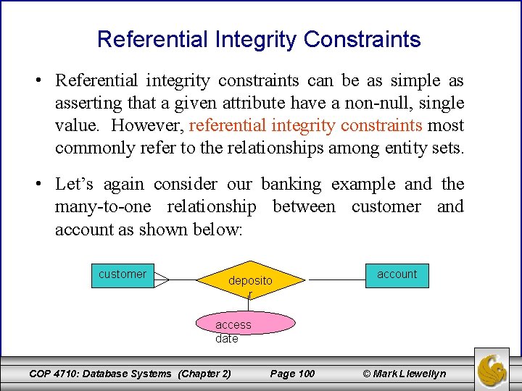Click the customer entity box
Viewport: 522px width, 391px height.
123,275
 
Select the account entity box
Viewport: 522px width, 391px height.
397,274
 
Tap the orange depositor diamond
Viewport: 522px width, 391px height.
250,279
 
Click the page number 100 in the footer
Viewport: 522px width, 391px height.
292,374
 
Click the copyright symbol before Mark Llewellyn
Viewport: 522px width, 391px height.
367,374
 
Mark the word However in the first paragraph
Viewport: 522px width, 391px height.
147,125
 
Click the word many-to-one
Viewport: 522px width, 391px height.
103,207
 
